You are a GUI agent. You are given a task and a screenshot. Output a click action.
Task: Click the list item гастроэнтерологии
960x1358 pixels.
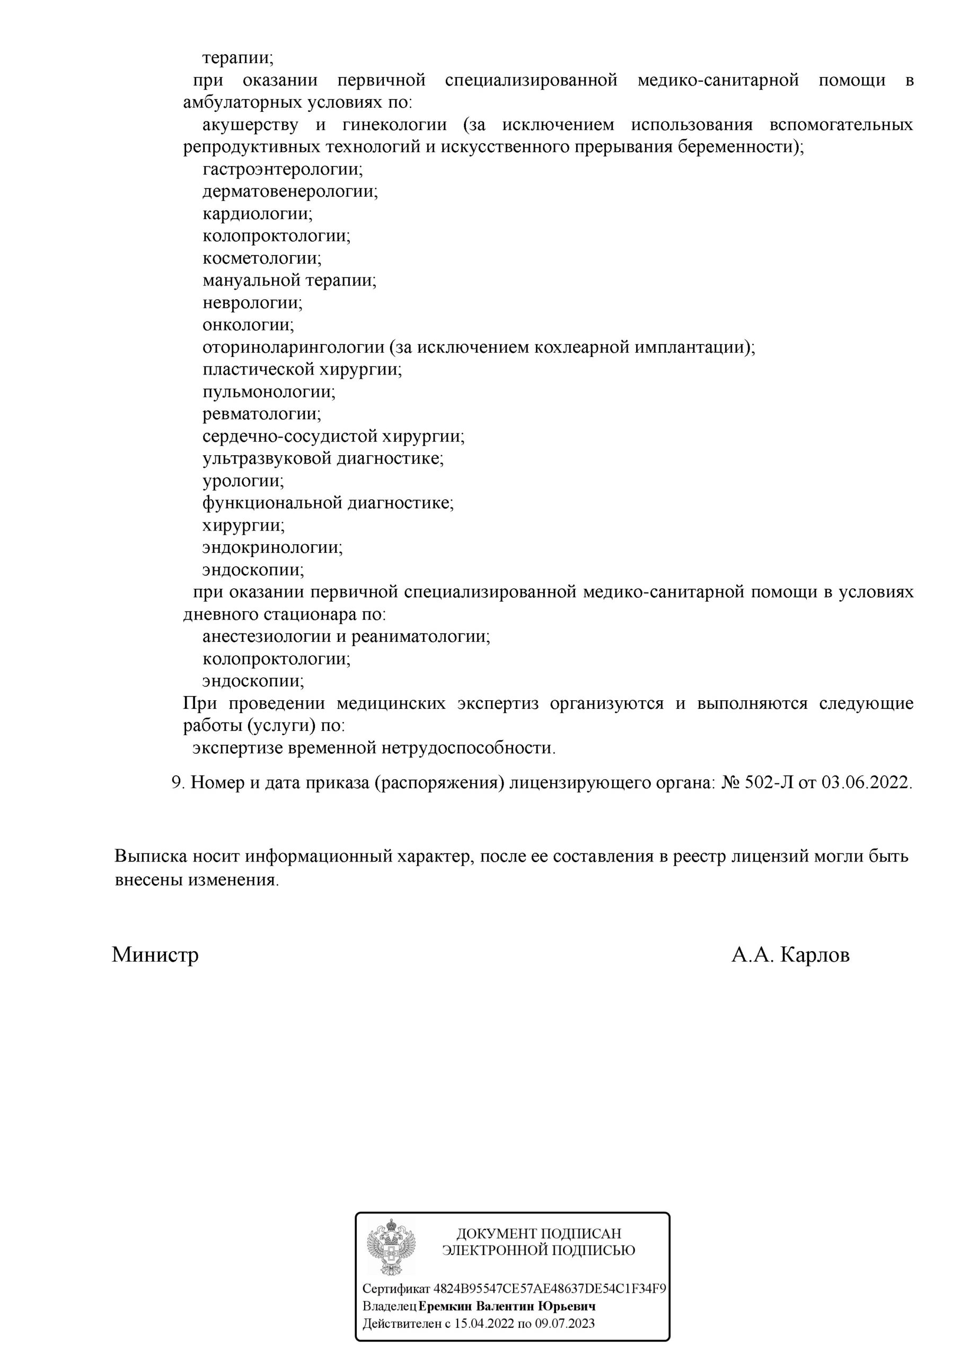click(283, 170)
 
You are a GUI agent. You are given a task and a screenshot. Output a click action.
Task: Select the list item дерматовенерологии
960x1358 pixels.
click(289, 191)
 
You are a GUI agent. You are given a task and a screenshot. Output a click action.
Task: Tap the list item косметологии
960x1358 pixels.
click(262, 258)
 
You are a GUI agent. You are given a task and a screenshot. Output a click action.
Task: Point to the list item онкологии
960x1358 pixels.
click(248, 325)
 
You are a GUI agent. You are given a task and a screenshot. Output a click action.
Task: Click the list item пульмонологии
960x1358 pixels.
click(269, 392)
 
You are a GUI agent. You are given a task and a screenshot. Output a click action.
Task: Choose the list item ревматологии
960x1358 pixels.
click(262, 414)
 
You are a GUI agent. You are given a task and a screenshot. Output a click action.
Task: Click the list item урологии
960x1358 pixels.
click(243, 481)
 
